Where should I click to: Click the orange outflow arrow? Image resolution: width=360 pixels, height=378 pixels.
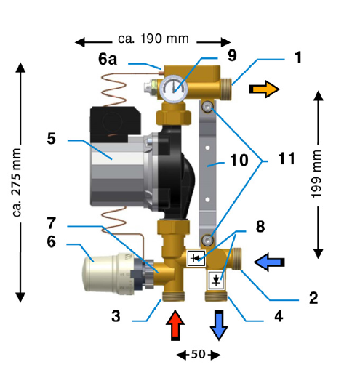coord(264,89)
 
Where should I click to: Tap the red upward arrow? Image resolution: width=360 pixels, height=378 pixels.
coord(175,326)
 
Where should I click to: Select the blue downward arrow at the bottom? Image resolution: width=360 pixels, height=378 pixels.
coord(219,326)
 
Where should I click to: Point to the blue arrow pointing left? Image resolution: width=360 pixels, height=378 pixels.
coord(269,262)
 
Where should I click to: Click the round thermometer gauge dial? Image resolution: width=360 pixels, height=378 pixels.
coord(174,89)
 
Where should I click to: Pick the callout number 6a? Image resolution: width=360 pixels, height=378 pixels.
coord(108,59)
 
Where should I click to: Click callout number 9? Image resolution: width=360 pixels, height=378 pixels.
coord(232,55)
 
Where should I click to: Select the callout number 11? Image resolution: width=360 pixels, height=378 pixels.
coord(287,158)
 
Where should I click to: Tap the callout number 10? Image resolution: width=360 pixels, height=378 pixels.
coord(239,160)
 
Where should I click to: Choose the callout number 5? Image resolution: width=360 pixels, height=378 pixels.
coord(51,139)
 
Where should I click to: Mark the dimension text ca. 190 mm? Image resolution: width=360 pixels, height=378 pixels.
coord(153,39)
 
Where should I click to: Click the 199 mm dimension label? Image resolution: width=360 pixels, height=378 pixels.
coord(316,174)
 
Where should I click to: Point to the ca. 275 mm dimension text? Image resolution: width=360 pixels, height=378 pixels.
coord(17,182)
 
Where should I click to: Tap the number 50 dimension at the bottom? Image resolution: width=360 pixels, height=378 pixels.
coord(199,354)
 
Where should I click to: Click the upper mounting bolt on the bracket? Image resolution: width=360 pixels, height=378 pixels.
coord(208,107)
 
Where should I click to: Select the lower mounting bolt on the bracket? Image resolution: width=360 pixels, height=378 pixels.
coord(208,240)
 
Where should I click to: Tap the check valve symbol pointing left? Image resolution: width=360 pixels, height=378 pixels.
coord(196,258)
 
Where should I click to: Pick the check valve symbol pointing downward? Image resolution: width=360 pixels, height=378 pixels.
coord(216,280)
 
